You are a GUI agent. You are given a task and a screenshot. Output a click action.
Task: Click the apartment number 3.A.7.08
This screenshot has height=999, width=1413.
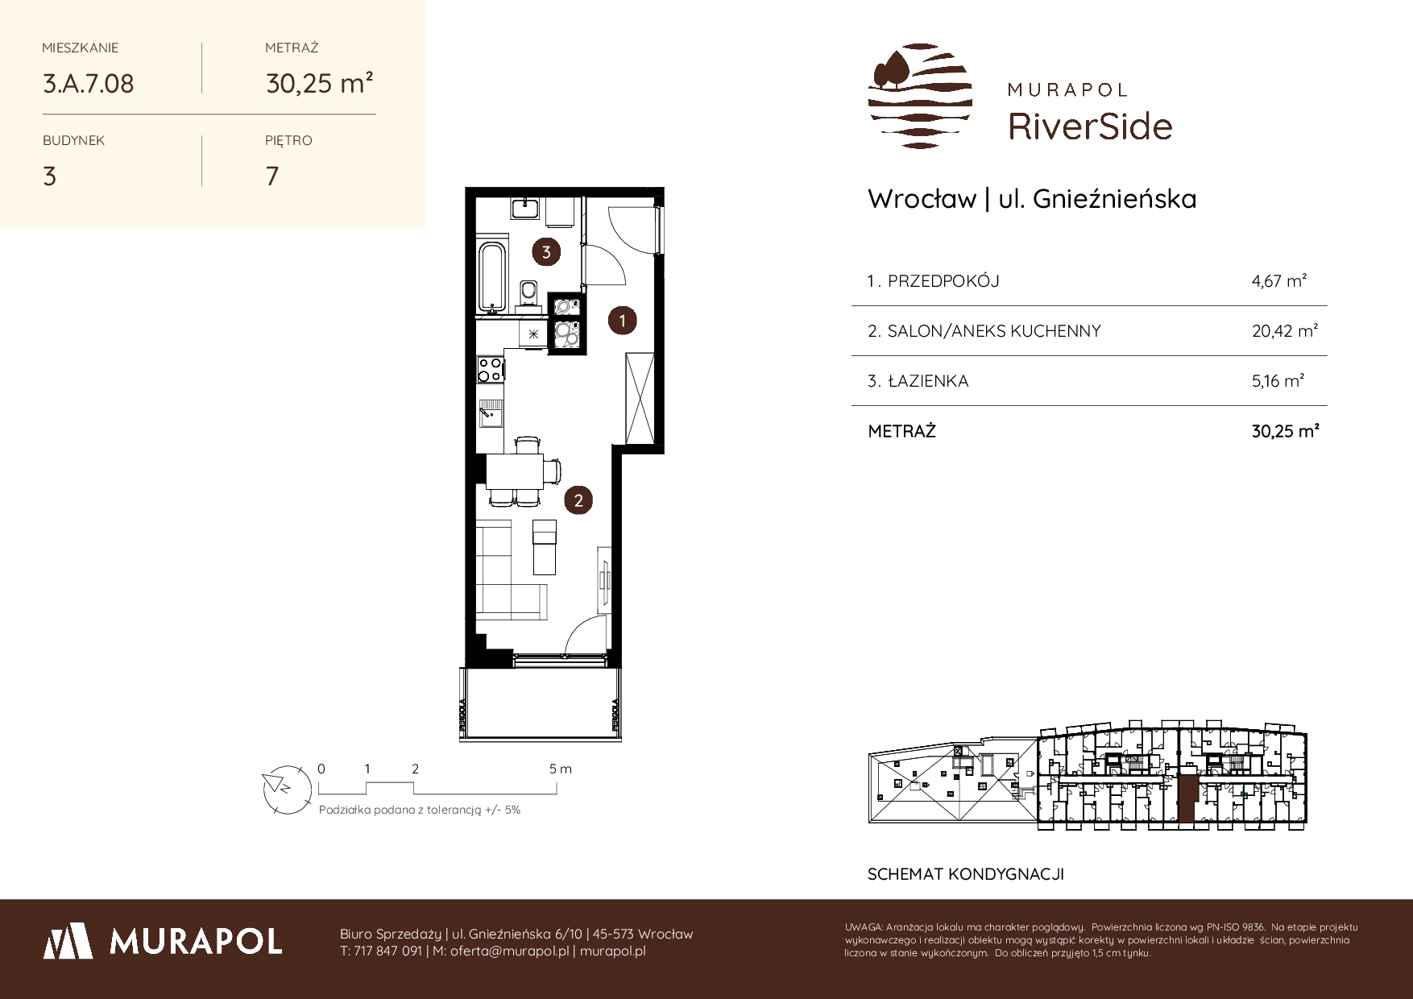click(89, 83)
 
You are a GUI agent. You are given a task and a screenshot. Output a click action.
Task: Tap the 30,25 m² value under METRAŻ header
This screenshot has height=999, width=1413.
click(319, 83)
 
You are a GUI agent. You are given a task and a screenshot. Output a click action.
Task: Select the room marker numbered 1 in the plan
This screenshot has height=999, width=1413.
click(622, 321)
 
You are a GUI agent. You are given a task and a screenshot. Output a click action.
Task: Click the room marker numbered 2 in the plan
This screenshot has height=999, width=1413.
click(578, 500)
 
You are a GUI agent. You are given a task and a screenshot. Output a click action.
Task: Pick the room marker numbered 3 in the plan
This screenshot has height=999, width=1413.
click(546, 252)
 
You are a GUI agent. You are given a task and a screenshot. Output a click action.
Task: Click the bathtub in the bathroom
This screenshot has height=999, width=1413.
click(492, 276)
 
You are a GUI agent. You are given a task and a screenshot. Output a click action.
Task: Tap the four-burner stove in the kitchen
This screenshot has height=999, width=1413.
click(490, 368)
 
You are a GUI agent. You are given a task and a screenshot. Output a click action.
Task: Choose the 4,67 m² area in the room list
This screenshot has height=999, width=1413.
click(1278, 281)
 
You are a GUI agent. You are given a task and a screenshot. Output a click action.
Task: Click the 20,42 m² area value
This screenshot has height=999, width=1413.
click(1284, 331)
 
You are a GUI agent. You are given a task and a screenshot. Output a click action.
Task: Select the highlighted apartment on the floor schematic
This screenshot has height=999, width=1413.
click(1187, 794)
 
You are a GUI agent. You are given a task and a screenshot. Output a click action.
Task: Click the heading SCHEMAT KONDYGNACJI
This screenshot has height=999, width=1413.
click(966, 874)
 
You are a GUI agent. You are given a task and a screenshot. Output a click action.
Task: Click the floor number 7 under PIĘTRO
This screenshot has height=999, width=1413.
click(272, 176)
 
